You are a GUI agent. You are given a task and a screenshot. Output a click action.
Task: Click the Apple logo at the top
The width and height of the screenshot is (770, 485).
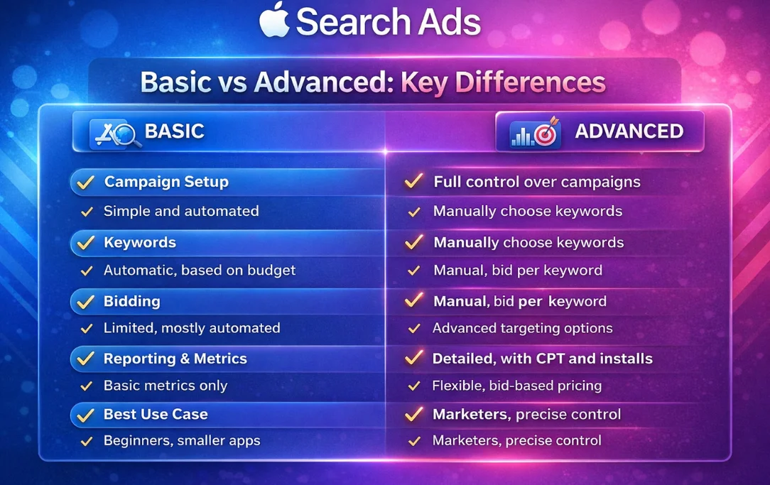(274, 21)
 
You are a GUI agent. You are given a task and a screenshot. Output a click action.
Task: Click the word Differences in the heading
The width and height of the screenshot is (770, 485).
(503, 82)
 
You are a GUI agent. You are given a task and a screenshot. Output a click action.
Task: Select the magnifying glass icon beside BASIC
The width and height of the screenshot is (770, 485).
(126, 133)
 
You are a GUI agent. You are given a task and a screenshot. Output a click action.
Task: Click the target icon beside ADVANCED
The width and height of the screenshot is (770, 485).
(546, 133)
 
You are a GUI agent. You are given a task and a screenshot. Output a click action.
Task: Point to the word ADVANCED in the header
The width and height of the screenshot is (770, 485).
(629, 131)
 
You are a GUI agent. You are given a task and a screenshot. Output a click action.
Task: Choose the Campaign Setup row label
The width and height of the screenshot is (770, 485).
(166, 182)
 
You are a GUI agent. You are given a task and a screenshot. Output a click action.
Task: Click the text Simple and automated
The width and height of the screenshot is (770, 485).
(181, 211)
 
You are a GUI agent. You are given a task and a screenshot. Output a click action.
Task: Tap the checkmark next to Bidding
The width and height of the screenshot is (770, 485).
(86, 302)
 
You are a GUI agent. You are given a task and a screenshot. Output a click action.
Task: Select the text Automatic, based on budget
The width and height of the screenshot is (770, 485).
(200, 270)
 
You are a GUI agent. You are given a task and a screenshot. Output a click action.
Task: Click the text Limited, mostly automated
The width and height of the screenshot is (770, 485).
(192, 328)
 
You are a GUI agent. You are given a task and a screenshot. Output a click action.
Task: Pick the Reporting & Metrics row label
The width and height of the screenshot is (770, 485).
(175, 359)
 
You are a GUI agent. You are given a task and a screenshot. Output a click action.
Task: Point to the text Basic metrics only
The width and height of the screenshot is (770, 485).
(166, 386)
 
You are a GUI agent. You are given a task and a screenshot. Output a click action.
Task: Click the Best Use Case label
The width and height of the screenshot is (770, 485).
(156, 414)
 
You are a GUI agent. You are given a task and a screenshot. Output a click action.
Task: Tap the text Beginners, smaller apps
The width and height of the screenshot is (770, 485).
(182, 440)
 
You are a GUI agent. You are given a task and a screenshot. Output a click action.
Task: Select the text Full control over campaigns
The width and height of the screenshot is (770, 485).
(537, 182)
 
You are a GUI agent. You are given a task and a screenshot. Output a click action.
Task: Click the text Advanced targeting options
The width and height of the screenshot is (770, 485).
(522, 328)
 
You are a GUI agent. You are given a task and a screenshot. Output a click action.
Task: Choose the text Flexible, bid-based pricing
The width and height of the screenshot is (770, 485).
(516, 386)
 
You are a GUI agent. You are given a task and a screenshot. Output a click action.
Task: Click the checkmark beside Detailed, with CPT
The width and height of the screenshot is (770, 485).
(413, 359)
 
